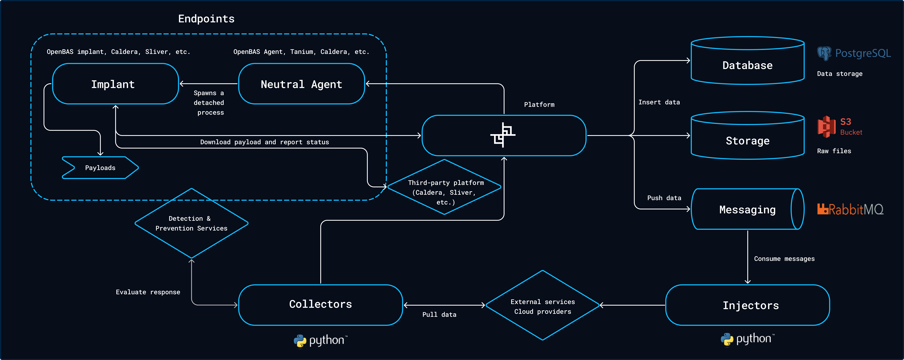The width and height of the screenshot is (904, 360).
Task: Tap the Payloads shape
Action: click(x=100, y=168)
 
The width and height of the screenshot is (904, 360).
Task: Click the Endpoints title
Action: click(x=206, y=19)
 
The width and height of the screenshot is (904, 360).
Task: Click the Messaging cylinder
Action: click(x=747, y=209)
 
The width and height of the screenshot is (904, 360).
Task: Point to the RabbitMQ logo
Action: click(x=850, y=209)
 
